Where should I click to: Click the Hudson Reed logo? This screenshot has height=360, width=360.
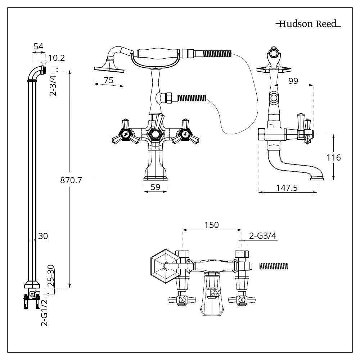coord(308,24)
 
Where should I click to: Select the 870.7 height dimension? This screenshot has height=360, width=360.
coord(71,180)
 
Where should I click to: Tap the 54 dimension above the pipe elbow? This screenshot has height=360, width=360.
coord(39,46)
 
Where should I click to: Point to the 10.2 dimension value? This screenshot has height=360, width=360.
coord(57,58)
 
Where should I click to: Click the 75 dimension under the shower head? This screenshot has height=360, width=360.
coord(108,80)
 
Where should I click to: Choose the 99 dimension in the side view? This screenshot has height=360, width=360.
coord(293,81)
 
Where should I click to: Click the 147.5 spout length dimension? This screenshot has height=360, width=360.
coord(287,187)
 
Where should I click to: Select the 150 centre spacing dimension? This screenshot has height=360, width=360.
coord(212,225)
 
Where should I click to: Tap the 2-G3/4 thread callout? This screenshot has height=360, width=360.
coord(262,236)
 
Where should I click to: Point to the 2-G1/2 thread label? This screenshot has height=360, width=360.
coord(45,313)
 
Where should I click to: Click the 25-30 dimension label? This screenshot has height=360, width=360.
coord(51,276)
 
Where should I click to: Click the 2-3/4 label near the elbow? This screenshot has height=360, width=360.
coord(53,85)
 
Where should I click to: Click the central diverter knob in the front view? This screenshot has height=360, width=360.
coord(155,134)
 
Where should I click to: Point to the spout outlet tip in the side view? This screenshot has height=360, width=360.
coord(317,177)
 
